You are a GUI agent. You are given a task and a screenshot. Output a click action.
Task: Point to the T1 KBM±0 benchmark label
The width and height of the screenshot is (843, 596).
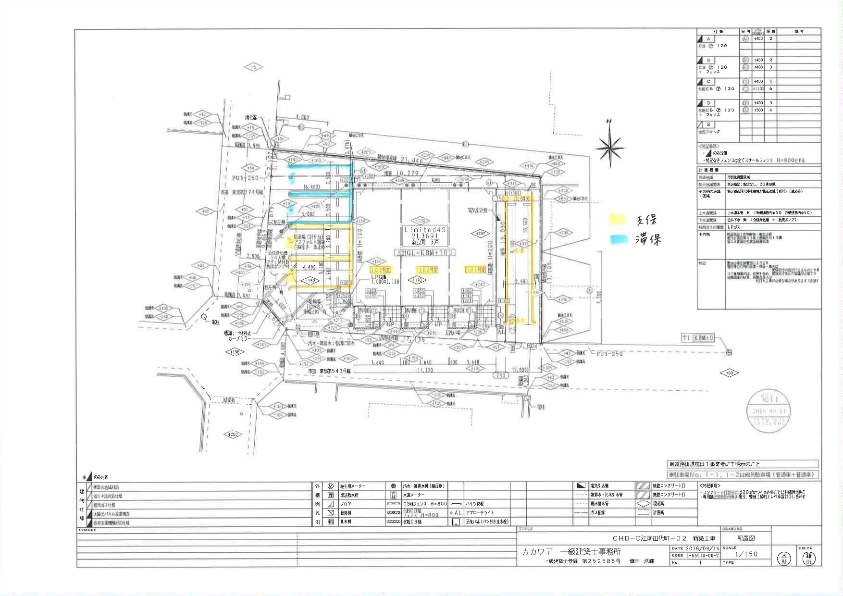coord(698,338)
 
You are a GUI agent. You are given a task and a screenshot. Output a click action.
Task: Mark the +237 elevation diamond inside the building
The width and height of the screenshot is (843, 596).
coord(479,234)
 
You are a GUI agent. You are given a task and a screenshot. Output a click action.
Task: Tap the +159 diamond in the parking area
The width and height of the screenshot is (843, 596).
coord(310,280)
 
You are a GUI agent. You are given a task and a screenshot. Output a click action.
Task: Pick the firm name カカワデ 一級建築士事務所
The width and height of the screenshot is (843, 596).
coord(571,551)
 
